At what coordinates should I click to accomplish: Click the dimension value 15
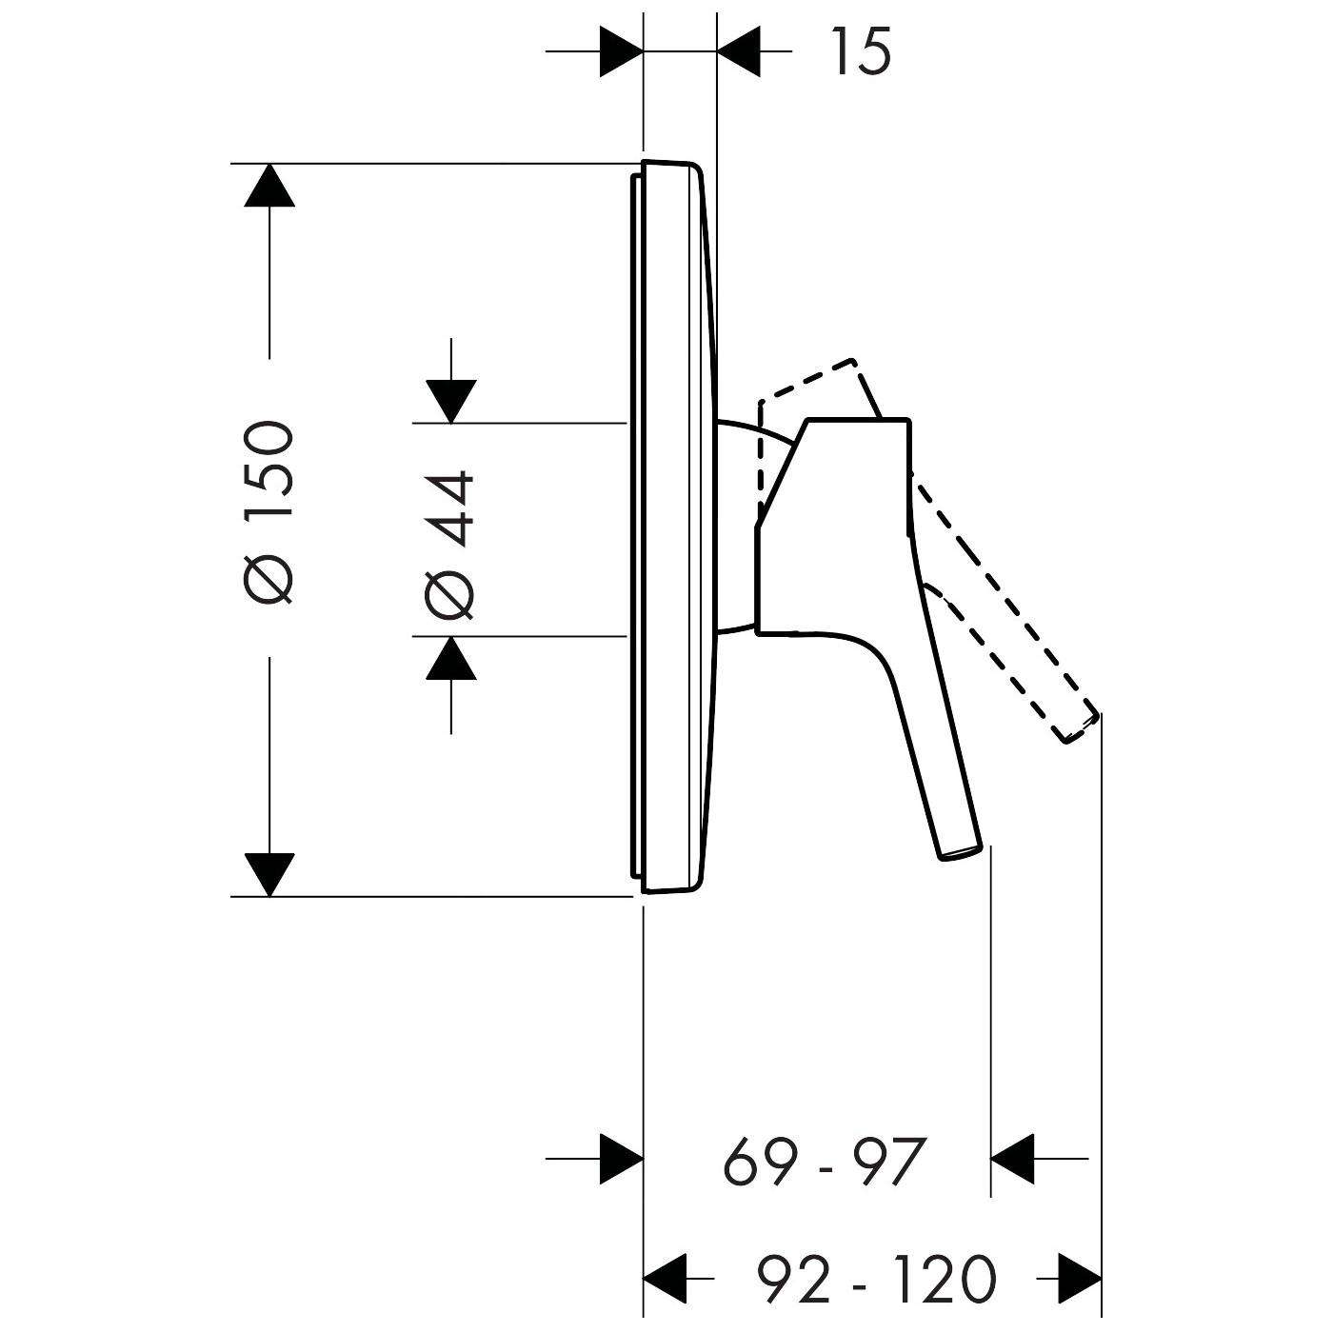tap(861, 51)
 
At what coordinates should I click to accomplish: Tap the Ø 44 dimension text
tap(448, 545)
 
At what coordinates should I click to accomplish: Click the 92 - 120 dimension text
tap(876, 1279)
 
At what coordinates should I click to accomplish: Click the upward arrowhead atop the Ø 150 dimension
tap(269, 186)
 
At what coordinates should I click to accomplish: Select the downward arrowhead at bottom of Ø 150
tap(269, 874)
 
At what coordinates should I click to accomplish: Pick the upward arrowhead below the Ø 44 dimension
tap(450, 658)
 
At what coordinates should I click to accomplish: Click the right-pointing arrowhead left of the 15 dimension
tap(621, 51)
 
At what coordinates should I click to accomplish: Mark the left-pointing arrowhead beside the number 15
tap(740, 51)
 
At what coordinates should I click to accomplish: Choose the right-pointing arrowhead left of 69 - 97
tap(621, 1159)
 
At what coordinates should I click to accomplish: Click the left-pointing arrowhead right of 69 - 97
tap(1014, 1159)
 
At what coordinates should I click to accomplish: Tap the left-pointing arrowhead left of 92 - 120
tap(666, 1279)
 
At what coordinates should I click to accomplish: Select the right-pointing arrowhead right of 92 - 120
tap(1080, 1279)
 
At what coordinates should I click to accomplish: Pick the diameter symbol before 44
tap(448, 595)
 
